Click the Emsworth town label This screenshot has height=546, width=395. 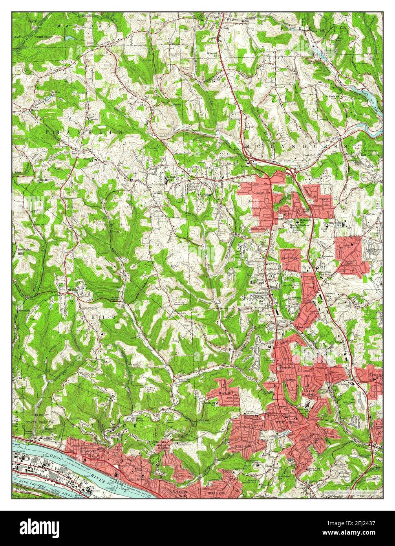88,451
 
